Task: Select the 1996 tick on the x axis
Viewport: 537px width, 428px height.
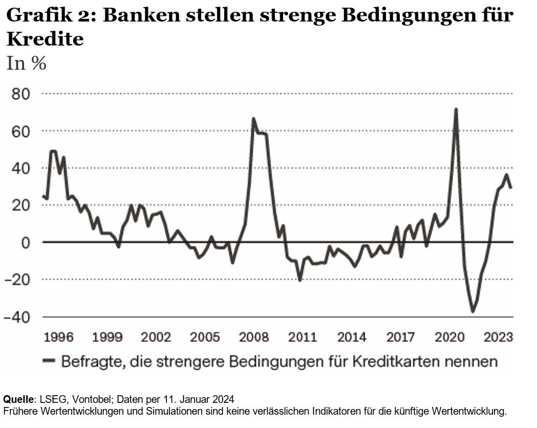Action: pyautogui.click(x=58, y=337)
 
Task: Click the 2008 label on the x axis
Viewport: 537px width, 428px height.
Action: pyautogui.click(x=254, y=337)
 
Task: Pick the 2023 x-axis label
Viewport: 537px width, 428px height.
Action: pyautogui.click(x=499, y=337)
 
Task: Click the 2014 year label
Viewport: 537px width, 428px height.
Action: pyautogui.click(x=352, y=337)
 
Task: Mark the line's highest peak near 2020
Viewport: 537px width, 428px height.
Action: pyautogui.click(x=456, y=109)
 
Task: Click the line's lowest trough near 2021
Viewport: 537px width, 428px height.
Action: pyautogui.click(x=472, y=312)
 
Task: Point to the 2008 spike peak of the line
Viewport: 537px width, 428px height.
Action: pyautogui.click(x=253, y=119)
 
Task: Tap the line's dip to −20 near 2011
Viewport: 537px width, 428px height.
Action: pyautogui.click(x=300, y=280)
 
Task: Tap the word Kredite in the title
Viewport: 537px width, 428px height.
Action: pyautogui.click(x=45, y=39)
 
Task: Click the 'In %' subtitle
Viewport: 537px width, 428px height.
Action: pyautogui.click(x=26, y=63)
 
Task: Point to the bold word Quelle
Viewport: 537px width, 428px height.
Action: pyautogui.click(x=18, y=399)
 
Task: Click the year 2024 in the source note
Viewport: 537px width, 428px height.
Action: pyautogui.click(x=225, y=399)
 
